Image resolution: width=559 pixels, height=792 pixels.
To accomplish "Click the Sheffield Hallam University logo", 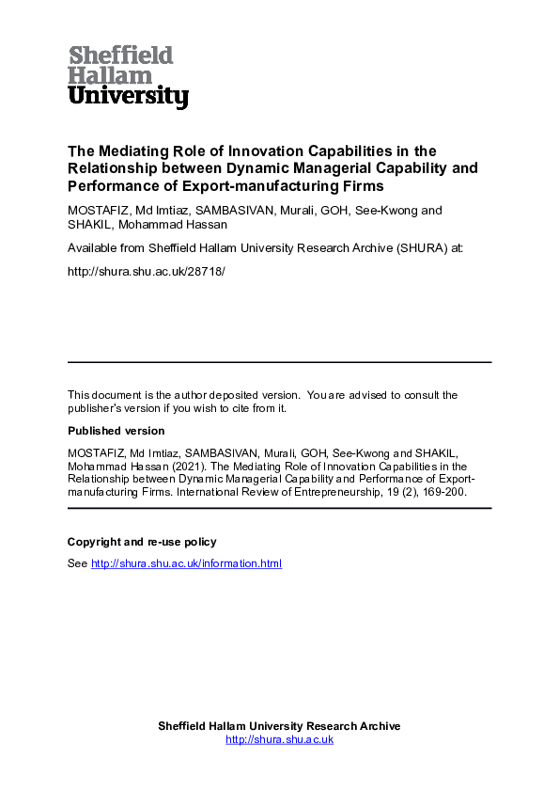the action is pos(128,76).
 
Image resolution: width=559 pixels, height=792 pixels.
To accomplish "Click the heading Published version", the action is pos(116,431).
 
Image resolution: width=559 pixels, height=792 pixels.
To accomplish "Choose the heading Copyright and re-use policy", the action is pos(142,542).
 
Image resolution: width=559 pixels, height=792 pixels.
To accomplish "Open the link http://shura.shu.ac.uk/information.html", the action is pos(186,563).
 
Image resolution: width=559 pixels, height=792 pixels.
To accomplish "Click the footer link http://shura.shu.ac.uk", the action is pos(279,739).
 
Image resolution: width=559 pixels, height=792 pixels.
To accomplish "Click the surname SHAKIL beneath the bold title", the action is pos(91,226).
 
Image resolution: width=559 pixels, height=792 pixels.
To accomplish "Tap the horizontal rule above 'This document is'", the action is pos(279,362).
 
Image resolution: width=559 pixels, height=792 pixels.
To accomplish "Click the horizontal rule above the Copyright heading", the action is pos(279,508).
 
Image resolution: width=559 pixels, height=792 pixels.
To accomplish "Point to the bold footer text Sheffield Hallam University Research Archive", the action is pos(279,726).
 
